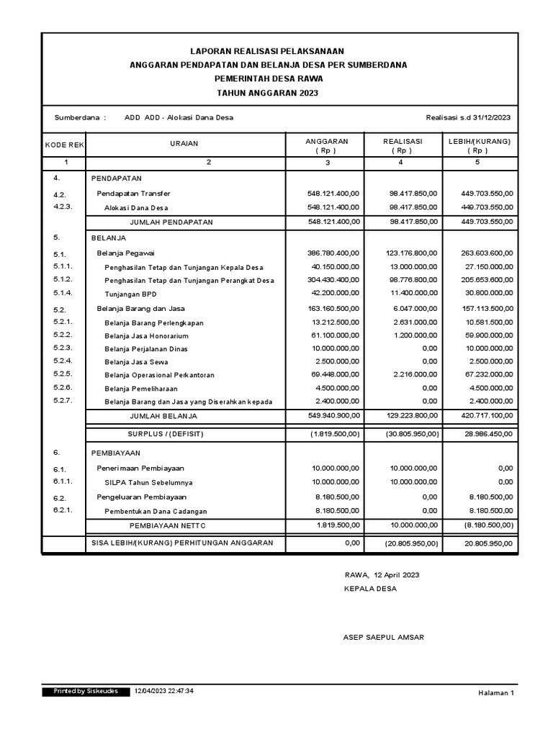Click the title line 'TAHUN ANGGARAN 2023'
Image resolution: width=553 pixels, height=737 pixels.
[268, 94]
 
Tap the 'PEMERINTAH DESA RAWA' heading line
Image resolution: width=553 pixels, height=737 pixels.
[268, 79]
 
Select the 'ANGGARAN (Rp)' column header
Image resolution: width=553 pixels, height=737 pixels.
[327, 146]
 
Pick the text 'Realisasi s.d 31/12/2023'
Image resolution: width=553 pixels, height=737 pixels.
[469, 118]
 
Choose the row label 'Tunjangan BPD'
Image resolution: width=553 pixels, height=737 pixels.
[130, 294]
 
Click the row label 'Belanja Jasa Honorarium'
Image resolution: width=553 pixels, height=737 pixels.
[146, 336]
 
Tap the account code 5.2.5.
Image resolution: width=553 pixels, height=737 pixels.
[63, 374]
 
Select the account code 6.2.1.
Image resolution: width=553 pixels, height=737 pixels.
[63, 510]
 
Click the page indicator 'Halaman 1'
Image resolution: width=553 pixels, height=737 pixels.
[496, 693]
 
